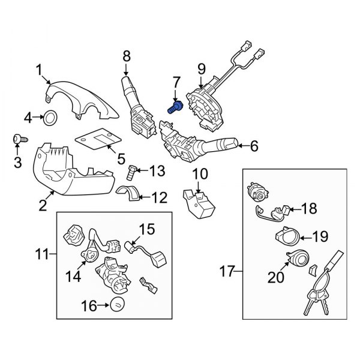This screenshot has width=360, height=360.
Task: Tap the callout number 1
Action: pos(39,71)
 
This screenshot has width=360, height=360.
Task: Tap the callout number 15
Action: pos(147,229)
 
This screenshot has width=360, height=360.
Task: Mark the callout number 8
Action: pos(125,56)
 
